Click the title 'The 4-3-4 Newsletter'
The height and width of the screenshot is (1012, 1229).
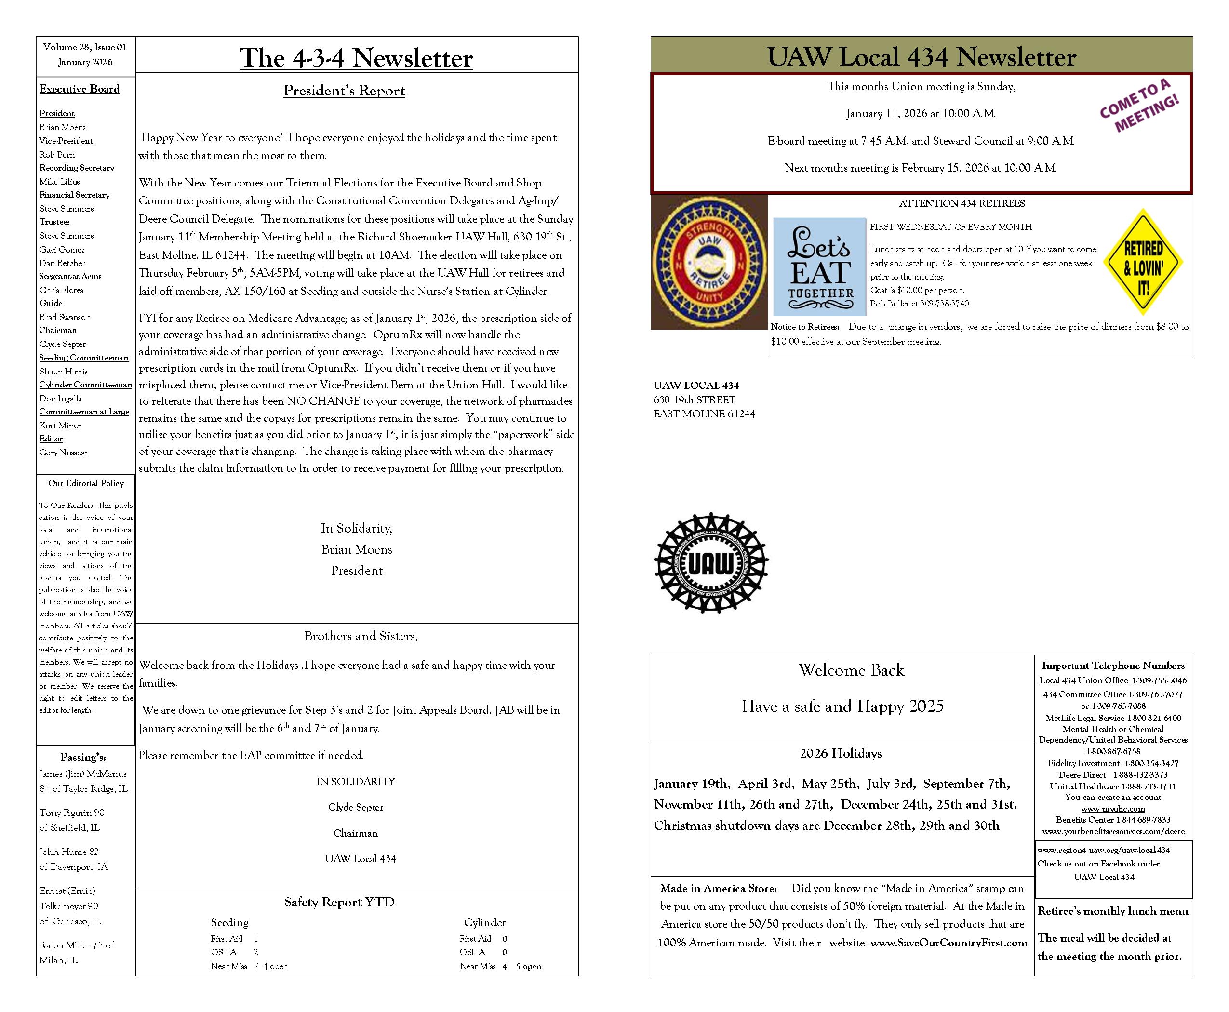(356, 58)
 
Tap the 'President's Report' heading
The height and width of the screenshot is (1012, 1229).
(344, 91)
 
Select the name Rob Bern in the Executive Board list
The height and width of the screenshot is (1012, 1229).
(57, 155)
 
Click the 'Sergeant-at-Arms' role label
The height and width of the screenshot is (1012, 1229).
(70, 276)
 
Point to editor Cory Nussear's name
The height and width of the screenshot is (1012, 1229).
(64, 453)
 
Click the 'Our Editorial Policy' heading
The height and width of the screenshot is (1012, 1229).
(86, 483)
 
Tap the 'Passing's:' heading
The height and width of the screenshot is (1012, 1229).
(83, 757)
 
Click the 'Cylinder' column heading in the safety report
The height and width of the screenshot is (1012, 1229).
(484, 922)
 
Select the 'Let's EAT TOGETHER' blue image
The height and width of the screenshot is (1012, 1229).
(819, 266)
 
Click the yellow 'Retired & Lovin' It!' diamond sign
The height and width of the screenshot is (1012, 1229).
(1143, 262)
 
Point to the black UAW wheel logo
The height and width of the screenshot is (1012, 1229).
(711, 562)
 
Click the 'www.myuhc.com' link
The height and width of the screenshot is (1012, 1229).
(1112, 809)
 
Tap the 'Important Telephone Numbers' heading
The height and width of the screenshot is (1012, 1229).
(1113, 666)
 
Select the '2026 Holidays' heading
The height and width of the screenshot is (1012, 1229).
(840, 753)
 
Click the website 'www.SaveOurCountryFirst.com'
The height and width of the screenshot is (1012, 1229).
(948, 943)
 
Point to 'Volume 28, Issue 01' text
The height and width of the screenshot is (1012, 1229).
(84, 47)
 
